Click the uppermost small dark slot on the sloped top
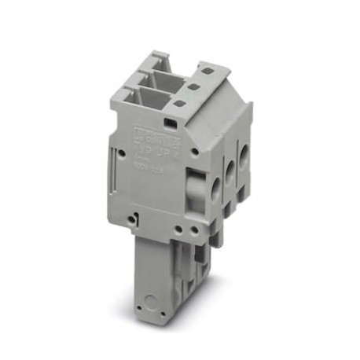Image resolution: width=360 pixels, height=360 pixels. pyautogui.click(x=209, y=72)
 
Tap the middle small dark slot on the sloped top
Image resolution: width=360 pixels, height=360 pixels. pyautogui.click(x=195, y=86)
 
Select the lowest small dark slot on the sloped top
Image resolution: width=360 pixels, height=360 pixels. pyautogui.click(x=180, y=102)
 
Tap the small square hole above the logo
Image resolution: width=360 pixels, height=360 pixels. pyautogui.click(x=168, y=123)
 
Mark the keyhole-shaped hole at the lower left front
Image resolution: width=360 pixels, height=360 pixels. pyautogui.click(x=137, y=215)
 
